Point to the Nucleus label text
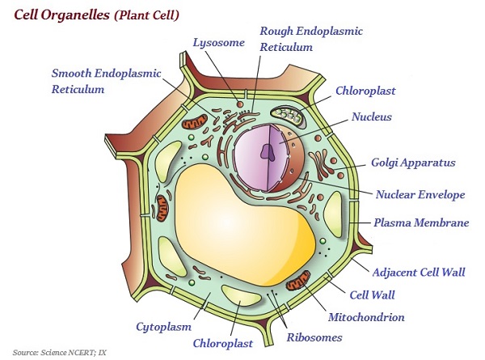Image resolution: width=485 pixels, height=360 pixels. tap(372, 117)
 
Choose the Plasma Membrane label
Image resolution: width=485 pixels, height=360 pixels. tap(420, 222)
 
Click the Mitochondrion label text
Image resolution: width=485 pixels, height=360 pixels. tap(366, 317)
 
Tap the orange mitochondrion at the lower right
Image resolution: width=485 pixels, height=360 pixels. tap(298, 282)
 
